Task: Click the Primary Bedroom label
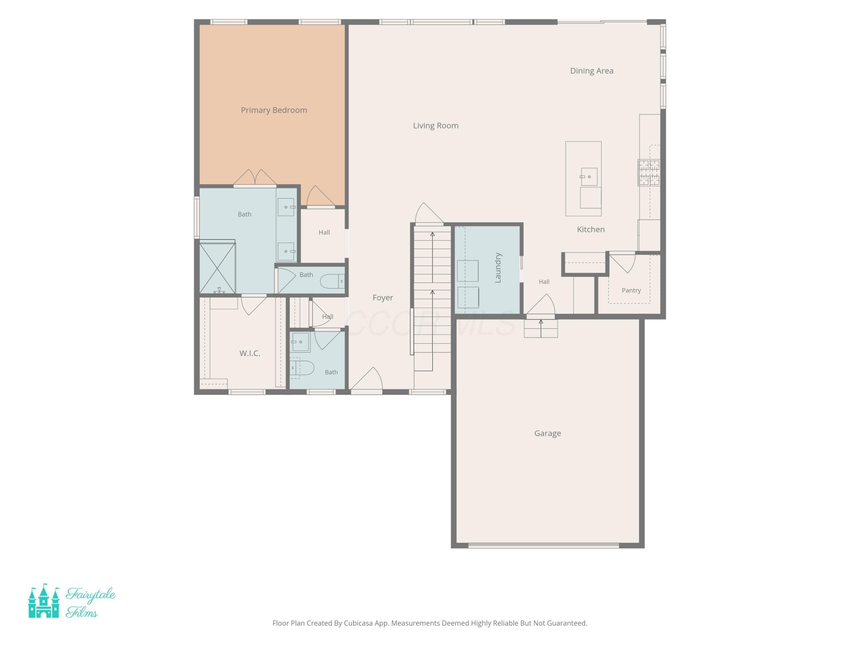pyautogui.click(x=274, y=110)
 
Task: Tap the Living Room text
pyautogui.click(x=435, y=126)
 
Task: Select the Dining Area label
pyautogui.click(x=591, y=71)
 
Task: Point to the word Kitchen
pyautogui.click(x=591, y=229)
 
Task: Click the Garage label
pyautogui.click(x=548, y=433)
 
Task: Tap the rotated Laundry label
pyautogui.click(x=498, y=267)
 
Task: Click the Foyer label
pyautogui.click(x=383, y=298)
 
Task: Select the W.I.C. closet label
pyautogui.click(x=250, y=353)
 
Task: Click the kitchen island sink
pyautogui.click(x=589, y=177)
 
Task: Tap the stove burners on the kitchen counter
pyautogui.click(x=649, y=173)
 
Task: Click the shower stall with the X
pyautogui.click(x=217, y=268)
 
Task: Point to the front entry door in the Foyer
pyautogui.click(x=366, y=379)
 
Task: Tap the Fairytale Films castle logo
pyautogui.click(x=44, y=601)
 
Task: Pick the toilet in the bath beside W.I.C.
pyautogui.click(x=302, y=368)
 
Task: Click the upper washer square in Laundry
pyautogui.click(x=468, y=271)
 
